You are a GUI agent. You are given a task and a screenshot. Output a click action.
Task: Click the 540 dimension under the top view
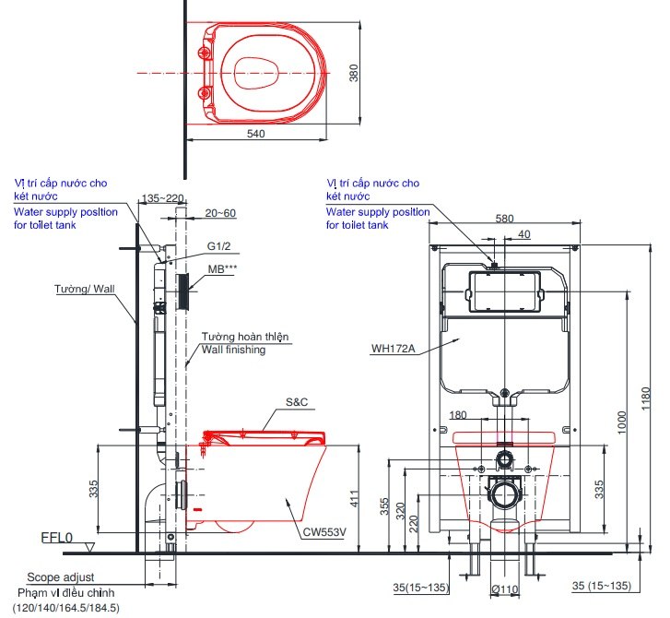pyautogui.click(x=256, y=134)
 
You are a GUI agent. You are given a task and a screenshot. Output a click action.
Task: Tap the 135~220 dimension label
pyautogui.click(x=164, y=198)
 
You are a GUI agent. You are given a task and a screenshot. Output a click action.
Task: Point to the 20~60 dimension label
pyautogui.click(x=221, y=213)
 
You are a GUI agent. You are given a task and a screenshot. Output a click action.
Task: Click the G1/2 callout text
pyautogui.click(x=220, y=247)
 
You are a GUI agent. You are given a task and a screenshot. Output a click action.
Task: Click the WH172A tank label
pyautogui.click(x=394, y=349)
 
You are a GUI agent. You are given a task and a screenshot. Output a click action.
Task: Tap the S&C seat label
pyautogui.click(x=298, y=401)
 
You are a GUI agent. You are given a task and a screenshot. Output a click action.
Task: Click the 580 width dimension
pyautogui.click(x=504, y=219)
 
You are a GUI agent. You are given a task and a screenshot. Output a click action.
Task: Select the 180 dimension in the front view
pyautogui.click(x=458, y=414)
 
